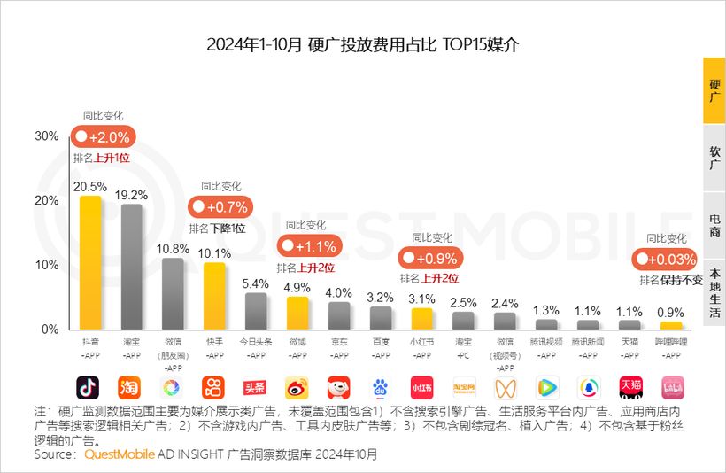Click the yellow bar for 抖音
click(89, 262)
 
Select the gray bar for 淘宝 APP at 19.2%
click(131, 267)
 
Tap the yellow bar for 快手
click(214, 296)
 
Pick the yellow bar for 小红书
click(421, 318)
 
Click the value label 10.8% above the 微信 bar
click(173, 249)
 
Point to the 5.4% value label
click(255, 283)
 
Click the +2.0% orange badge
click(103, 137)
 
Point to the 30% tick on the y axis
click(46, 136)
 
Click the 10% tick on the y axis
click(46, 265)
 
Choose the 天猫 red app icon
click(630, 387)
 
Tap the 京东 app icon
click(338, 387)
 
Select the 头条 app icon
click(255, 387)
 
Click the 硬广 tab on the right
click(714, 89)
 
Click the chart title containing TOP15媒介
click(362, 45)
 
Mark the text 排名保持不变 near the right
click(670, 280)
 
